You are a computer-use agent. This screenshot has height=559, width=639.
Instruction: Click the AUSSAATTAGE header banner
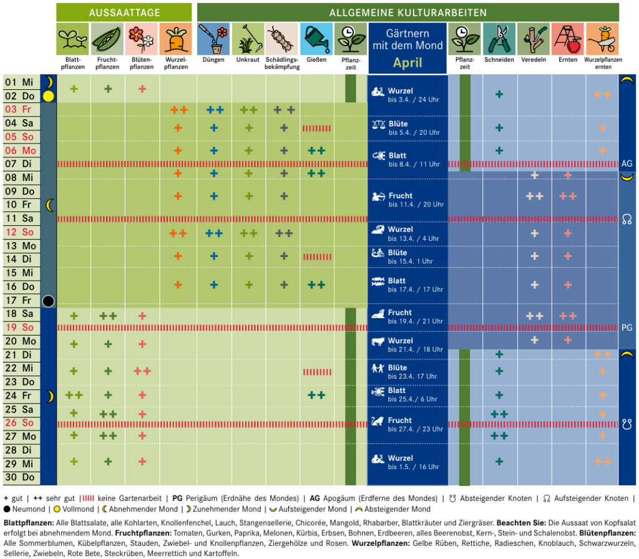pyautogui.click(x=124, y=12)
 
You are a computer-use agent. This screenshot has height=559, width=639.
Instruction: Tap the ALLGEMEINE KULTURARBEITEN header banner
pyautogui.click(x=408, y=12)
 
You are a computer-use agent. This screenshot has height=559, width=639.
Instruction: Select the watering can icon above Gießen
pyautogui.click(x=316, y=39)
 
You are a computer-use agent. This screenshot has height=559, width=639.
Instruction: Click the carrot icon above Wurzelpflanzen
pyautogui.click(x=175, y=39)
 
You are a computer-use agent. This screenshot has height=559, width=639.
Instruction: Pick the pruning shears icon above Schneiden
pyautogui.click(x=499, y=39)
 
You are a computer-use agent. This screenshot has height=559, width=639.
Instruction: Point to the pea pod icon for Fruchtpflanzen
pyautogui.click(x=107, y=39)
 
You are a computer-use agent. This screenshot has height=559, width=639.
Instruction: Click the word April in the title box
pyautogui.click(x=407, y=62)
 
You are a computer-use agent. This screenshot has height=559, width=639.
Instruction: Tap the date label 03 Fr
pyautogui.click(x=18, y=109)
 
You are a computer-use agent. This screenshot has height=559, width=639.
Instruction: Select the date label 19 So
pyautogui.click(x=19, y=327)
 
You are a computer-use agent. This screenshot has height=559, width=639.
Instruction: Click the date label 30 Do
pyautogui.click(x=19, y=477)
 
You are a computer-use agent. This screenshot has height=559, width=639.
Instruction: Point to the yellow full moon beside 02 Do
pyautogui.click(x=49, y=96)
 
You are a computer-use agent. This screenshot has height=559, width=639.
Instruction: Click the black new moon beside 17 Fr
pyautogui.click(x=48, y=301)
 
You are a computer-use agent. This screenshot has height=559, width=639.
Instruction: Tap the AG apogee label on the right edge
pyautogui.click(x=627, y=164)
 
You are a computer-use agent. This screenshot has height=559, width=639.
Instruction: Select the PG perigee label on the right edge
pyautogui.click(x=627, y=328)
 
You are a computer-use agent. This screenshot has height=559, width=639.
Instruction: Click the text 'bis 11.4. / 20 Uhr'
pyautogui.click(x=416, y=205)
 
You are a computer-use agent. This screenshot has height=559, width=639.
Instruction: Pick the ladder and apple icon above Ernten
pyautogui.click(x=568, y=39)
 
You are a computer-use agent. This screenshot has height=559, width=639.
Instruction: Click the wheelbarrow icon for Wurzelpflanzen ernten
pyautogui.click(x=602, y=39)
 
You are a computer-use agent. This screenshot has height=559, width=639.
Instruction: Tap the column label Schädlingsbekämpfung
pyautogui.click(x=282, y=63)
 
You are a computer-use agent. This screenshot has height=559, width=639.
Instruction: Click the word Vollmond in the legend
pyautogui.click(x=78, y=509)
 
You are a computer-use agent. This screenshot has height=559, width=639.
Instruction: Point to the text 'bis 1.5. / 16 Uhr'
pyautogui.click(x=414, y=467)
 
